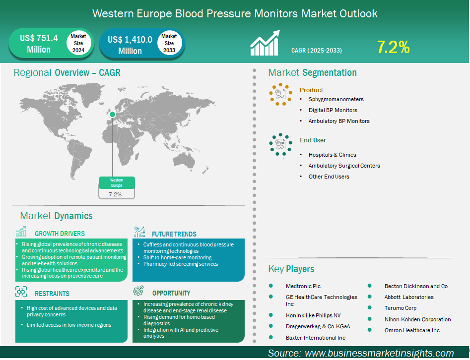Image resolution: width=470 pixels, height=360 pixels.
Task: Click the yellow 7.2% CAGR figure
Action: point(393,47)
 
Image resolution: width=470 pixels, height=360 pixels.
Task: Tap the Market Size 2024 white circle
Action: point(78,43)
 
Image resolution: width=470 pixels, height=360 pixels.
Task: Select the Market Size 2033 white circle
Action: point(169,43)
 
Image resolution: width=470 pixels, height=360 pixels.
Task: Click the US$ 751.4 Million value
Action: point(39,44)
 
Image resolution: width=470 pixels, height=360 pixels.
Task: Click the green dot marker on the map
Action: point(112,115)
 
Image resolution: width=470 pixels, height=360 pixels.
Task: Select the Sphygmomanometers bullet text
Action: point(336,99)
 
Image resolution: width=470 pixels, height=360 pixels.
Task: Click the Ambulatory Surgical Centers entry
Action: point(344,166)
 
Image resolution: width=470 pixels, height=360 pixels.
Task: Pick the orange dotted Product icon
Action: point(280,94)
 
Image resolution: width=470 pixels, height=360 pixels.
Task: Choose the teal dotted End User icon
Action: point(280,144)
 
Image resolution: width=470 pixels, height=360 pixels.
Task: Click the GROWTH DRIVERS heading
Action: point(60,234)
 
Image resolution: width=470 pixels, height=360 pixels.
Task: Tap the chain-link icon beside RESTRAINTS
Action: point(21,292)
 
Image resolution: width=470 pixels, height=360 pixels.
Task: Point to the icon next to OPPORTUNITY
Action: point(138,291)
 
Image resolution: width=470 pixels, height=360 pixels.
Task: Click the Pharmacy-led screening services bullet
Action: point(181,264)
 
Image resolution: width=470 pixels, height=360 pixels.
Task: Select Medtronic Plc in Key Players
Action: point(303,286)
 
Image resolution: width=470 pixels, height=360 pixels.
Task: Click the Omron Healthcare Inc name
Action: point(412,330)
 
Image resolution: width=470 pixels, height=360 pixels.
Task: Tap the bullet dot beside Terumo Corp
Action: point(370,307)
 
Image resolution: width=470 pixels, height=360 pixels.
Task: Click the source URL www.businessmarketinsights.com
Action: point(379,354)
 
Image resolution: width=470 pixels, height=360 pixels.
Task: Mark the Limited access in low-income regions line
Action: point(69,325)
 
